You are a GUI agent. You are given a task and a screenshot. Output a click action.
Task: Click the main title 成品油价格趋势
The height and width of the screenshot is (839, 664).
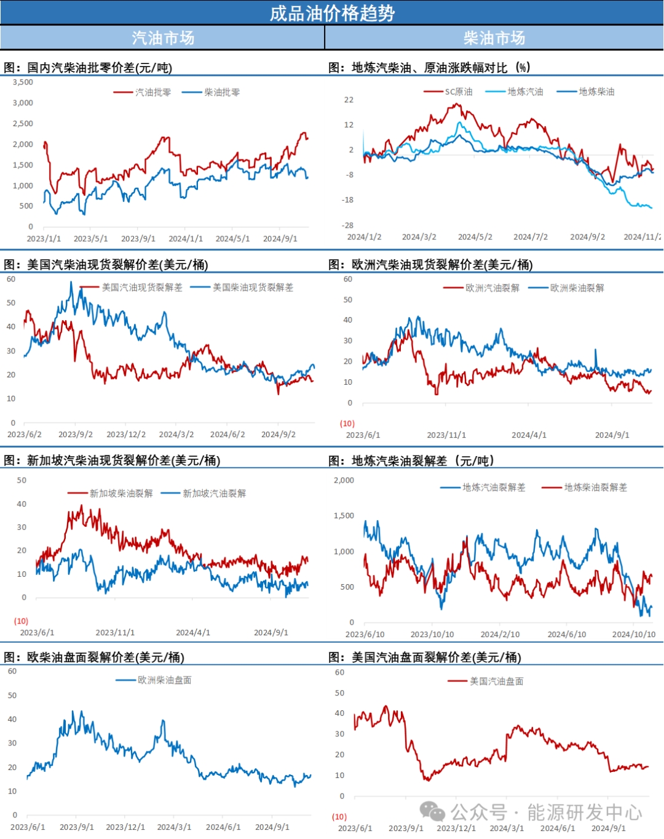[332, 13]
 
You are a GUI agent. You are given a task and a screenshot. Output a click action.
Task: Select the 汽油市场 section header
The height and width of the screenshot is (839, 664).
[163, 38]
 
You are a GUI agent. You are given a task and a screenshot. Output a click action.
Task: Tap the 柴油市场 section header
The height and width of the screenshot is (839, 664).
[494, 38]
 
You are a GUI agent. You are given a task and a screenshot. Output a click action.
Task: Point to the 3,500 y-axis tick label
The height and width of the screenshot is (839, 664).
[23, 82]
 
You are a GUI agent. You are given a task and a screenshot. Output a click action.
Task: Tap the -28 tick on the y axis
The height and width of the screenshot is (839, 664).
[349, 225]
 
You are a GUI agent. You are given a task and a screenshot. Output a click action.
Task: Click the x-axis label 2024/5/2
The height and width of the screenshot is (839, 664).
[475, 237]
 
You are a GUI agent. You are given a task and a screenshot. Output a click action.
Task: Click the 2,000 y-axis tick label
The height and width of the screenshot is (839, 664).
[344, 480]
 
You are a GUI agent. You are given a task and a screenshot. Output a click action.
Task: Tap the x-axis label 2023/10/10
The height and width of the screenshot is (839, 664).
[432, 634]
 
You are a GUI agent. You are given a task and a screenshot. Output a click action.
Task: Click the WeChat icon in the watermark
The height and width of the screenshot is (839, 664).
[433, 812]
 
